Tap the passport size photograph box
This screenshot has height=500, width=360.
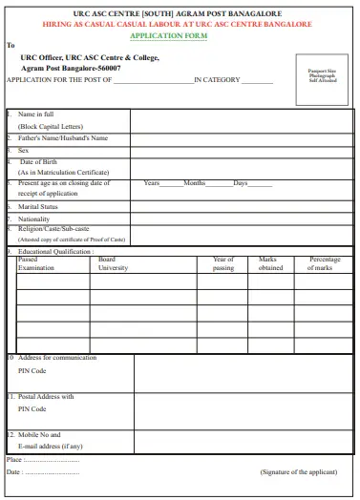pos(322,75)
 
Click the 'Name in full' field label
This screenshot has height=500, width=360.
pos(36,115)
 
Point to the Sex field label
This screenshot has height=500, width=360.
pos(24,150)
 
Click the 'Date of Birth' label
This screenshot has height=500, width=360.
pos(39,161)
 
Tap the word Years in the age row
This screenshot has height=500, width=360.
pos(151,182)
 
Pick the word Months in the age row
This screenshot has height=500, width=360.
pos(194,182)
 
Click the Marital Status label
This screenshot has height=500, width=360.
pos(38,206)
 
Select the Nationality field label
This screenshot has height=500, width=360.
pos(34,219)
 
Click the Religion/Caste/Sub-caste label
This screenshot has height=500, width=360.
pos(54,229)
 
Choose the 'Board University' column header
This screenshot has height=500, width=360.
pos(112,263)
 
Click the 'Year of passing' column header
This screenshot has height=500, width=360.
pos(222,263)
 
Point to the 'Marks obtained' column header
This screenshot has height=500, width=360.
pos(270,263)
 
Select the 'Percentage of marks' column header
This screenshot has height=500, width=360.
pos(325,263)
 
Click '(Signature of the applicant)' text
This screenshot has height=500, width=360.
pos(299,471)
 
